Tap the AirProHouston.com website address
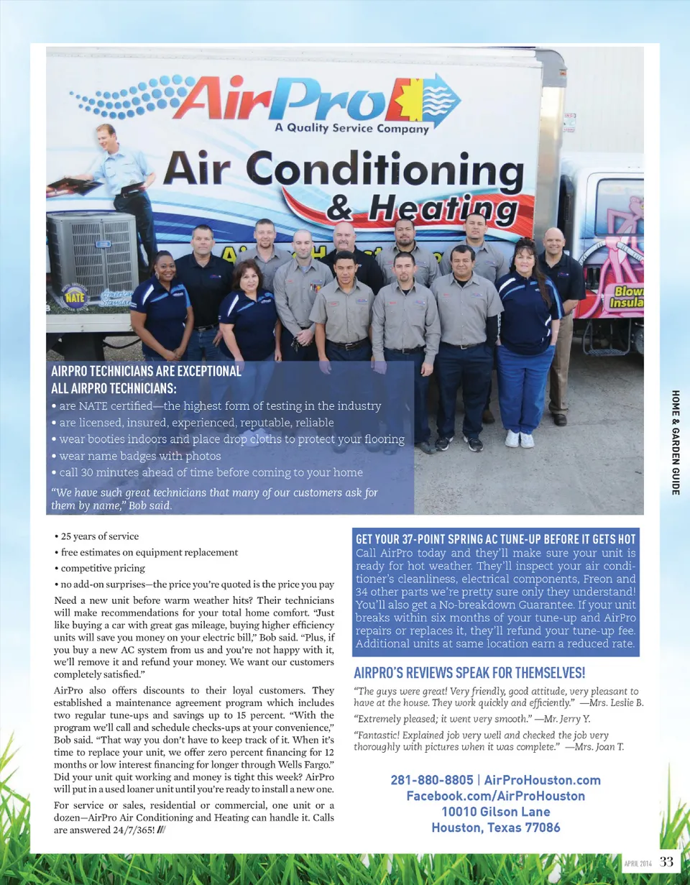542,780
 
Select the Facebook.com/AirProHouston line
495,796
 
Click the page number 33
666,861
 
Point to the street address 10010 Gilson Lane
495,812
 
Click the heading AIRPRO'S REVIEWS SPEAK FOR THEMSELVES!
470,674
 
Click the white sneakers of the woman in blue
519,439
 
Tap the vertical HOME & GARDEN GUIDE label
676,441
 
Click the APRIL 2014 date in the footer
638,863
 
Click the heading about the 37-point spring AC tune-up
496,539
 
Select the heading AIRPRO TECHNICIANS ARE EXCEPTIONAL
147,372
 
